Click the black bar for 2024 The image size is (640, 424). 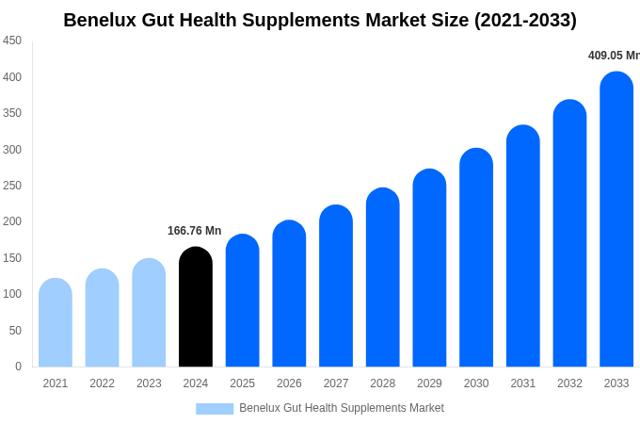[x=196, y=307]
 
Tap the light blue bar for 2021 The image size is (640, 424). [x=56, y=323]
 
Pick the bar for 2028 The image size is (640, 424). [x=383, y=278]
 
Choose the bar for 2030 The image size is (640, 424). [x=476, y=258]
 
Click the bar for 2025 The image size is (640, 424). [x=242, y=301]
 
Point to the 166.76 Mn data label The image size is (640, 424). [x=195, y=231]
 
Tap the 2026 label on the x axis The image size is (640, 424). [x=289, y=383]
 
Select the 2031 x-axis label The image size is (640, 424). [x=523, y=383]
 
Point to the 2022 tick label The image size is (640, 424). [x=102, y=383]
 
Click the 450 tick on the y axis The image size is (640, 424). [x=12, y=41]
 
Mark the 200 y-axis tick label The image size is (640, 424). [x=12, y=221]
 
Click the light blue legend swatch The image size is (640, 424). [x=215, y=409]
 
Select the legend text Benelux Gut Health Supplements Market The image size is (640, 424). [x=342, y=408]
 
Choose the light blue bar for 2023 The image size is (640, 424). [x=149, y=313]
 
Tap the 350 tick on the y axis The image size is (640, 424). [x=12, y=113]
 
